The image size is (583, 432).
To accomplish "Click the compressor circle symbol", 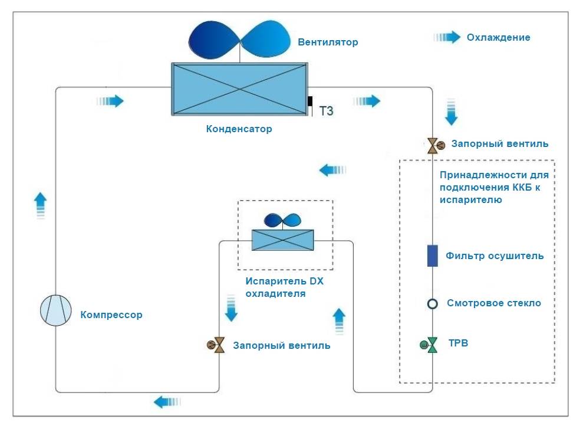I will [x=56, y=310].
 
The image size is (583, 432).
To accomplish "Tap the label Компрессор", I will [x=111, y=315].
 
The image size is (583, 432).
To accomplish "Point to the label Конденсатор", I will [x=239, y=129].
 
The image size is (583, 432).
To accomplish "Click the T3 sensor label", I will [x=326, y=110].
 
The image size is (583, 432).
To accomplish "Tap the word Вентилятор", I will [x=328, y=42].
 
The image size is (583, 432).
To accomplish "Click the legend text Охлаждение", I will [x=498, y=37].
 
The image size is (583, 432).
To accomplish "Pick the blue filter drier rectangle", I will [x=432, y=256].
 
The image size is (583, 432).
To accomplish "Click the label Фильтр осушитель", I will [x=495, y=256].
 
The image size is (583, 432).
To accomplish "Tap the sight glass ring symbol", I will [x=432, y=303].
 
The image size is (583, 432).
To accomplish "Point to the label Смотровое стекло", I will [x=494, y=303].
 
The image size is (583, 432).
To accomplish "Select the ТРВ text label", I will [x=458, y=343].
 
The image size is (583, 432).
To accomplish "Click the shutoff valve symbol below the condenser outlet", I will [x=433, y=144].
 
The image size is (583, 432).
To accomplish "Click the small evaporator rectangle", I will [x=282, y=240].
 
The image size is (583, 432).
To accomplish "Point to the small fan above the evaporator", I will [x=282, y=220].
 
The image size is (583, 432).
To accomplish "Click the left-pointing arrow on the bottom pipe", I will [x=167, y=402].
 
